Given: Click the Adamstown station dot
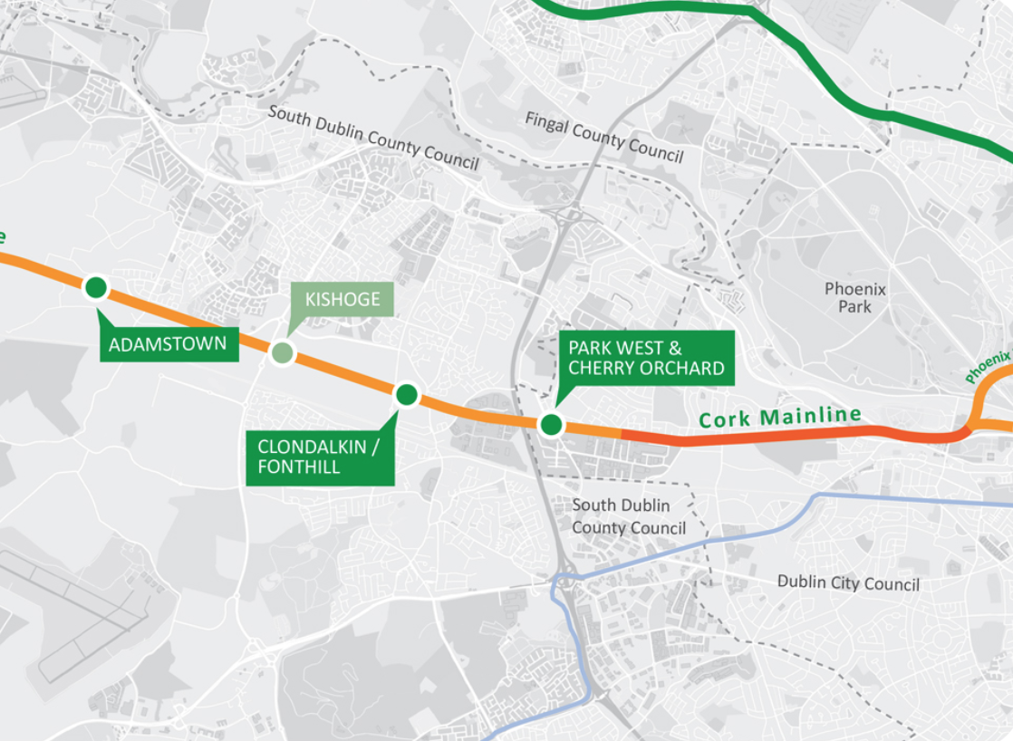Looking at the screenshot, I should point(96,288).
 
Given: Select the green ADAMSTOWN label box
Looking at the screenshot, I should point(169,344).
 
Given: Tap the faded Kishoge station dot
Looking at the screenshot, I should point(283,352).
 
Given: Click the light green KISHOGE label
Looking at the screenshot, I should point(342,300).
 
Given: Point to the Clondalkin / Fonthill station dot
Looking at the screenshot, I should point(407,394).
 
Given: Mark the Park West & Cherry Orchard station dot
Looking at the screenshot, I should point(551,424).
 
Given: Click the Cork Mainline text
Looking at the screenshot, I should point(779,418).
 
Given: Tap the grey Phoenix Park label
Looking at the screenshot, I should point(854,297).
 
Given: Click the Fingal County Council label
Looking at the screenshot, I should point(603,137).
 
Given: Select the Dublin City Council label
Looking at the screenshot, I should point(848,582).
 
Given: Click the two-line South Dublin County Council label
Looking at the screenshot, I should point(628,516).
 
